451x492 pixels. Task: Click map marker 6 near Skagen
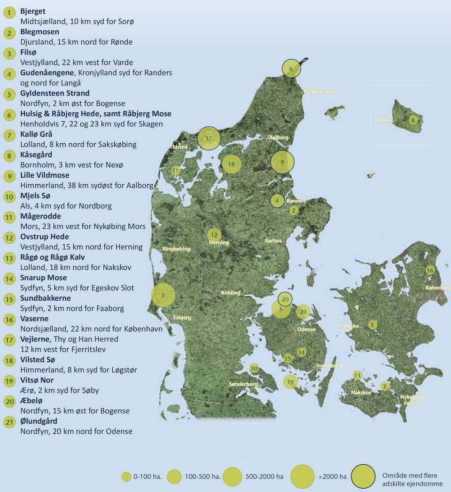(x=291, y=69)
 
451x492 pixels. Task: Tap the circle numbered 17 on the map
(x=209, y=138)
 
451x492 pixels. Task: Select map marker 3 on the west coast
(x=163, y=295)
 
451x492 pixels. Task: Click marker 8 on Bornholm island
(x=413, y=120)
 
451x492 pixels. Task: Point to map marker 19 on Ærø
(x=290, y=382)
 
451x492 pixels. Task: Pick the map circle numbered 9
(x=282, y=162)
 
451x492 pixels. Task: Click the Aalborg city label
(x=278, y=138)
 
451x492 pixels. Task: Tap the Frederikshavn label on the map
(x=320, y=91)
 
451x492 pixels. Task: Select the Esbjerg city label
(x=181, y=318)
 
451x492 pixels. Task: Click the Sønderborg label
(x=244, y=384)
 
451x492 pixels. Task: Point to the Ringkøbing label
(x=177, y=249)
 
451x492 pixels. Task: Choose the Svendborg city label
(x=328, y=366)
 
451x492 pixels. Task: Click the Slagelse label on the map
(x=349, y=326)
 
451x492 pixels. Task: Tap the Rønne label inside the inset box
(x=383, y=121)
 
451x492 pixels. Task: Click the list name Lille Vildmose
(x=45, y=175)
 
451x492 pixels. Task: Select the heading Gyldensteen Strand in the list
(x=54, y=93)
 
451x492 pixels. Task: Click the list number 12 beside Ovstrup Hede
(x=8, y=238)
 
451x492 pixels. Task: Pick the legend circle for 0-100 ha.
(x=126, y=476)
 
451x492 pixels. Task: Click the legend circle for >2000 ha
(x=303, y=476)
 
